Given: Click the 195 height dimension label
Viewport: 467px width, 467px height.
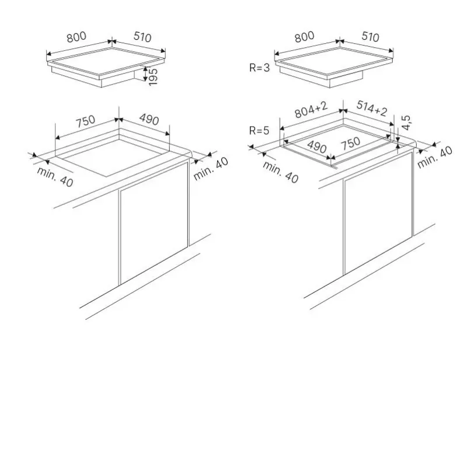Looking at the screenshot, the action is pyautogui.click(x=153, y=77).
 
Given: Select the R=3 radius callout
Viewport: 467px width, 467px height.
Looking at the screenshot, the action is pyautogui.click(x=259, y=68).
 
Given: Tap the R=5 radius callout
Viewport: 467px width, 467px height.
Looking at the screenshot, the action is pyautogui.click(x=259, y=130).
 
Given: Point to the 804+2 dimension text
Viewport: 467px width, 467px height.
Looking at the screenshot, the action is pyautogui.click(x=311, y=110).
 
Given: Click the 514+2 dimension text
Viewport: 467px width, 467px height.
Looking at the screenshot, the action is pyautogui.click(x=372, y=109).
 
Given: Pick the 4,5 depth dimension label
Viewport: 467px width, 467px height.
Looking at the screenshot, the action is pyautogui.click(x=406, y=123).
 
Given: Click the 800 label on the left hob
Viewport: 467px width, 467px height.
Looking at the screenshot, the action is pyautogui.click(x=76, y=37).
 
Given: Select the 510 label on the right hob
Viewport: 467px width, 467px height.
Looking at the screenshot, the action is pyautogui.click(x=370, y=37).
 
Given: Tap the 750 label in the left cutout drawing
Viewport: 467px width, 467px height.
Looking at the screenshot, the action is pyautogui.click(x=85, y=121).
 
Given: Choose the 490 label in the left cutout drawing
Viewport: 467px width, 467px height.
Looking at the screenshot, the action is pyautogui.click(x=149, y=120).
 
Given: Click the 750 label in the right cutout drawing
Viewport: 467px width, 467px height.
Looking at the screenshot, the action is pyautogui.click(x=351, y=144).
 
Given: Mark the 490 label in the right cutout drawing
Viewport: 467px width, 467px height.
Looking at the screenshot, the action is pyautogui.click(x=317, y=147).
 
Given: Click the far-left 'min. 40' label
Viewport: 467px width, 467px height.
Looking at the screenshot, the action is pyautogui.click(x=55, y=177).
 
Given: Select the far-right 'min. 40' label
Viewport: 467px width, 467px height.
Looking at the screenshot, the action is pyautogui.click(x=434, y=158).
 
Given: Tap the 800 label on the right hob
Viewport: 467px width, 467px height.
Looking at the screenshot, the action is pyautogui.click(x=304, y=37).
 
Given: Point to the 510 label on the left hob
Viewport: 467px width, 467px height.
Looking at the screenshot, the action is pyautogui.click(x=142, y=37).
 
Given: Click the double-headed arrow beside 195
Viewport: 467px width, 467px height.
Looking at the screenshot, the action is pyautogui.click(x=145, y=74).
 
